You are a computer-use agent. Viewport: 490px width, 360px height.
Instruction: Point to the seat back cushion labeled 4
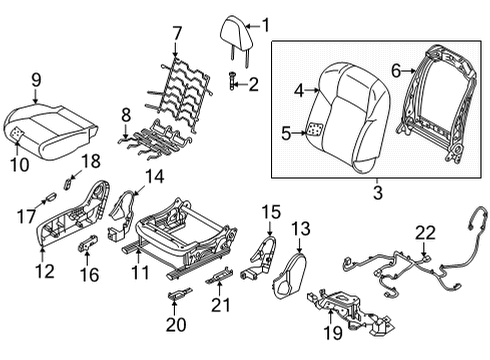[346, 105]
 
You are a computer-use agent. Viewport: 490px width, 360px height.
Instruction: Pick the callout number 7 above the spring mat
[177, 33]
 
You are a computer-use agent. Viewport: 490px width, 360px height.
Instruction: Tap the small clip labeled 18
[69, 181]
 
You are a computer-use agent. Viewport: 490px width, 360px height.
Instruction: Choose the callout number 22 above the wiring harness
[426, 234]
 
